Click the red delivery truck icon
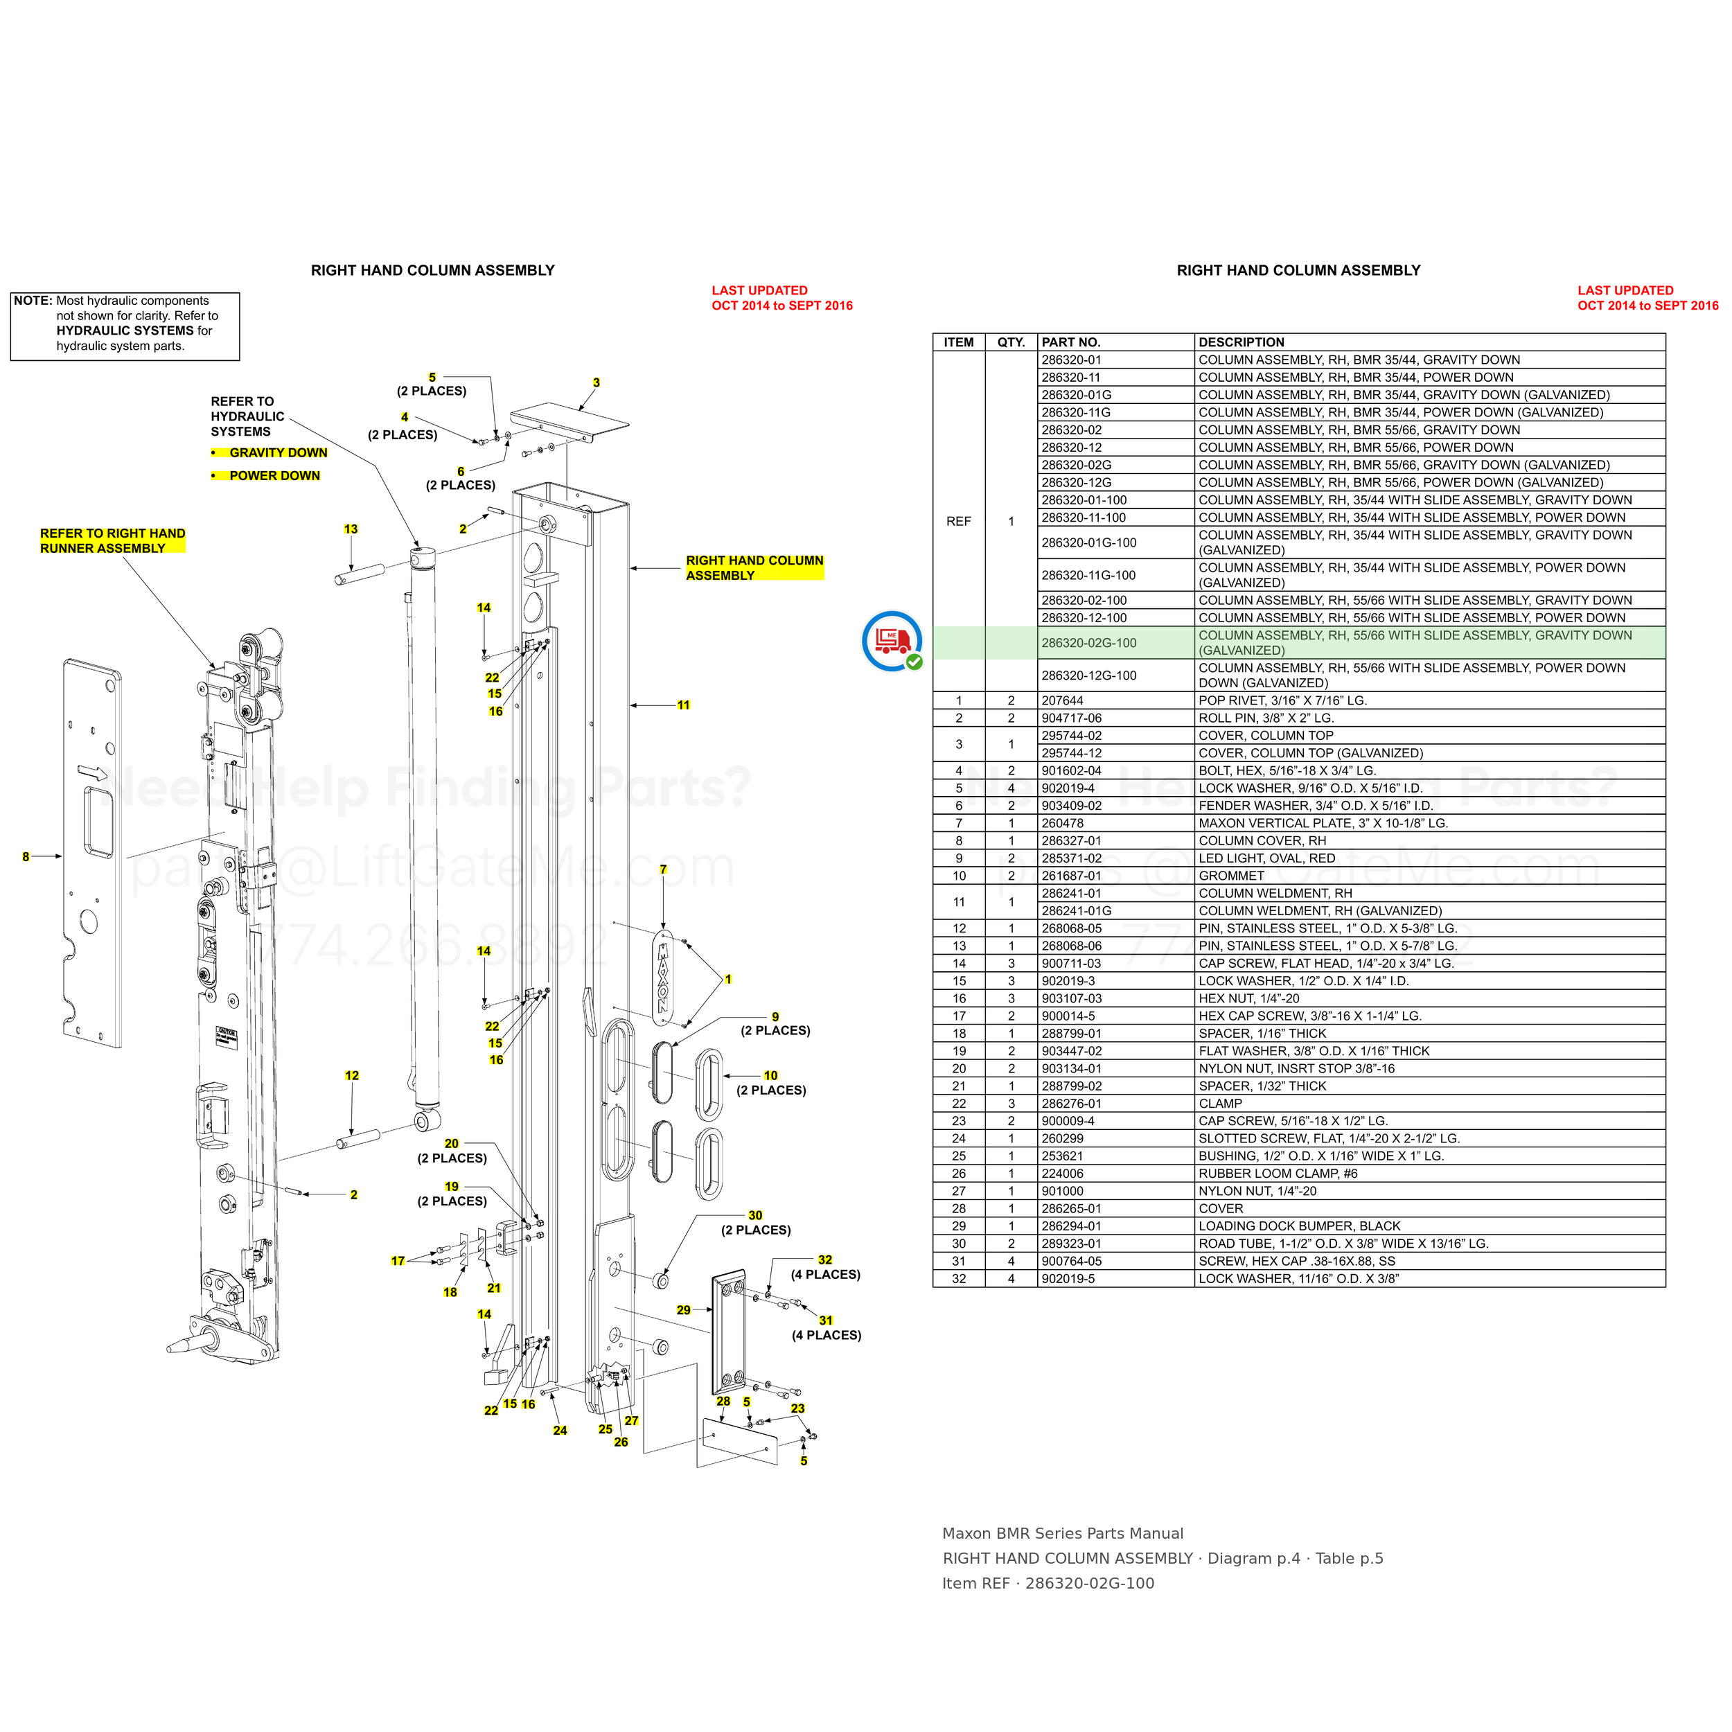point(892,641)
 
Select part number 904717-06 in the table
point(1072,718)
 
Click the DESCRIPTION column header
point(1241,342)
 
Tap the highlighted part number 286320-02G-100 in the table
point(1088,643)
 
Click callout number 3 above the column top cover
point(597,383)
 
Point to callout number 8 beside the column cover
point(26,857)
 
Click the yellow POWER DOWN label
point(274,476)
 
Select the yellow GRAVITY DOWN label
point(278,452)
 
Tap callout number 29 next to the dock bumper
point(684,1310)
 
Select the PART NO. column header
point(1070,342)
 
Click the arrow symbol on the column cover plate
point(92,772)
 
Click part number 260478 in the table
point(1062,823)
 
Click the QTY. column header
point(1011,342)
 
